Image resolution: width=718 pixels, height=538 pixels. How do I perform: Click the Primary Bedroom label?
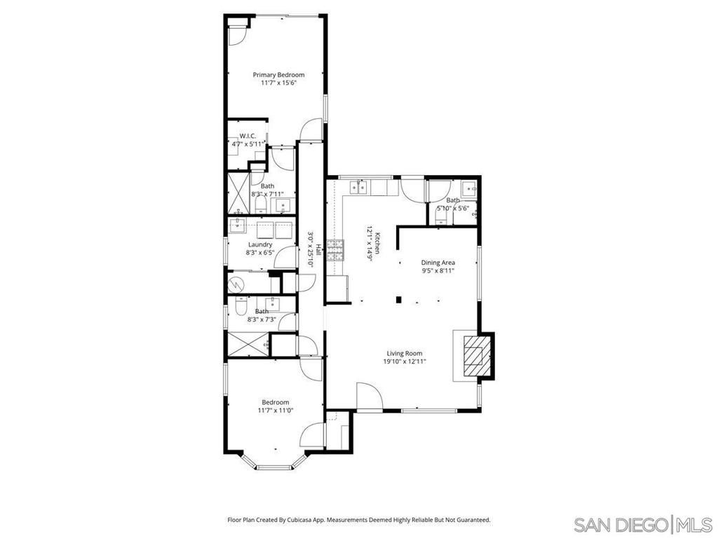[x=278, y=75]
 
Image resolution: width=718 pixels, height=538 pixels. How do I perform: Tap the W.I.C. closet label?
[x=248, y=136]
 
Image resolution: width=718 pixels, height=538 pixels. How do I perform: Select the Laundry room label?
[x=259, y=244]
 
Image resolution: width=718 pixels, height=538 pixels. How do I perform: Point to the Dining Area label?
[x=438, y=262]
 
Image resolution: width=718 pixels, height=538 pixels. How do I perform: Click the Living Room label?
[x=405, y=354]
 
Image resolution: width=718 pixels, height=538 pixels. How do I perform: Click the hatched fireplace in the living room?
[x=476, y=355]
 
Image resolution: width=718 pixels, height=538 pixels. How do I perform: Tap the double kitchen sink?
[x=358, y=187]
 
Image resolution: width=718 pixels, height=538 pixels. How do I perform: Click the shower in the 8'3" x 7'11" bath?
[x=239, y=192]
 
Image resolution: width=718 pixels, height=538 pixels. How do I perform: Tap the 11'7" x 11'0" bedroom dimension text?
[x=275, y=411]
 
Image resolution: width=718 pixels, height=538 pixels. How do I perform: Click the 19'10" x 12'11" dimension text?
[x=405, y=362]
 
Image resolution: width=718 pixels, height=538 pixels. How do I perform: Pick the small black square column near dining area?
[x=398, y=300]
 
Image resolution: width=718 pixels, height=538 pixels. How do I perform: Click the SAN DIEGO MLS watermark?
[x=641, y=524]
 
